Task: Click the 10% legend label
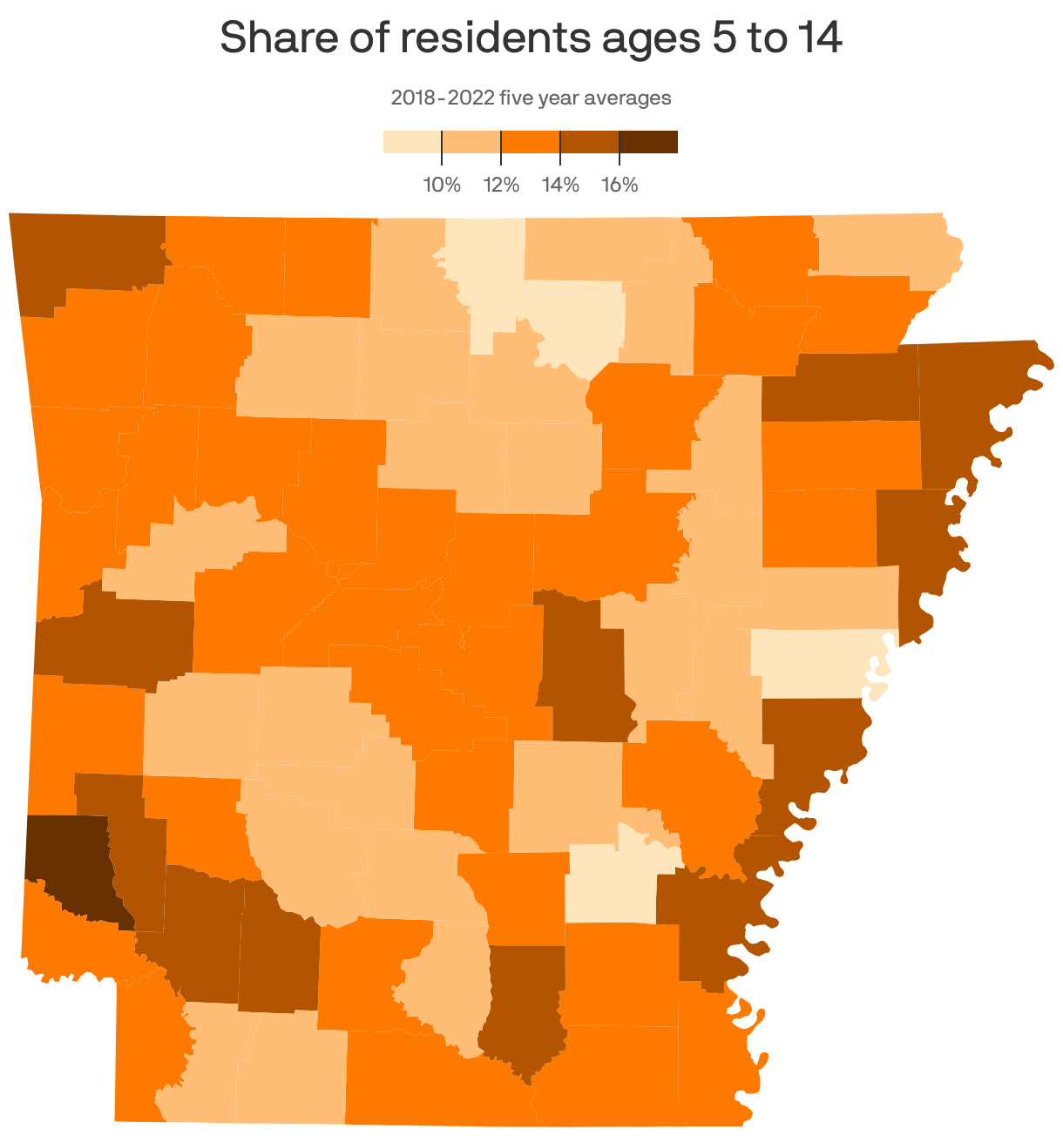coord(442,185)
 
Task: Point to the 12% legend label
coord(501,185)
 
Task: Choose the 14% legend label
coord(560,185)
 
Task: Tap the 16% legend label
coord(620,185)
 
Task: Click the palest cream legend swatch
coord(412,142)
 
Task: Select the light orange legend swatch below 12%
coord(471,142)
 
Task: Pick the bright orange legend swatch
coord(530,142)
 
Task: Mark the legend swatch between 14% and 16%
coord(589,142)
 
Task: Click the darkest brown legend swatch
coord(648,142)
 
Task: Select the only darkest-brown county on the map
coord(70,862)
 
